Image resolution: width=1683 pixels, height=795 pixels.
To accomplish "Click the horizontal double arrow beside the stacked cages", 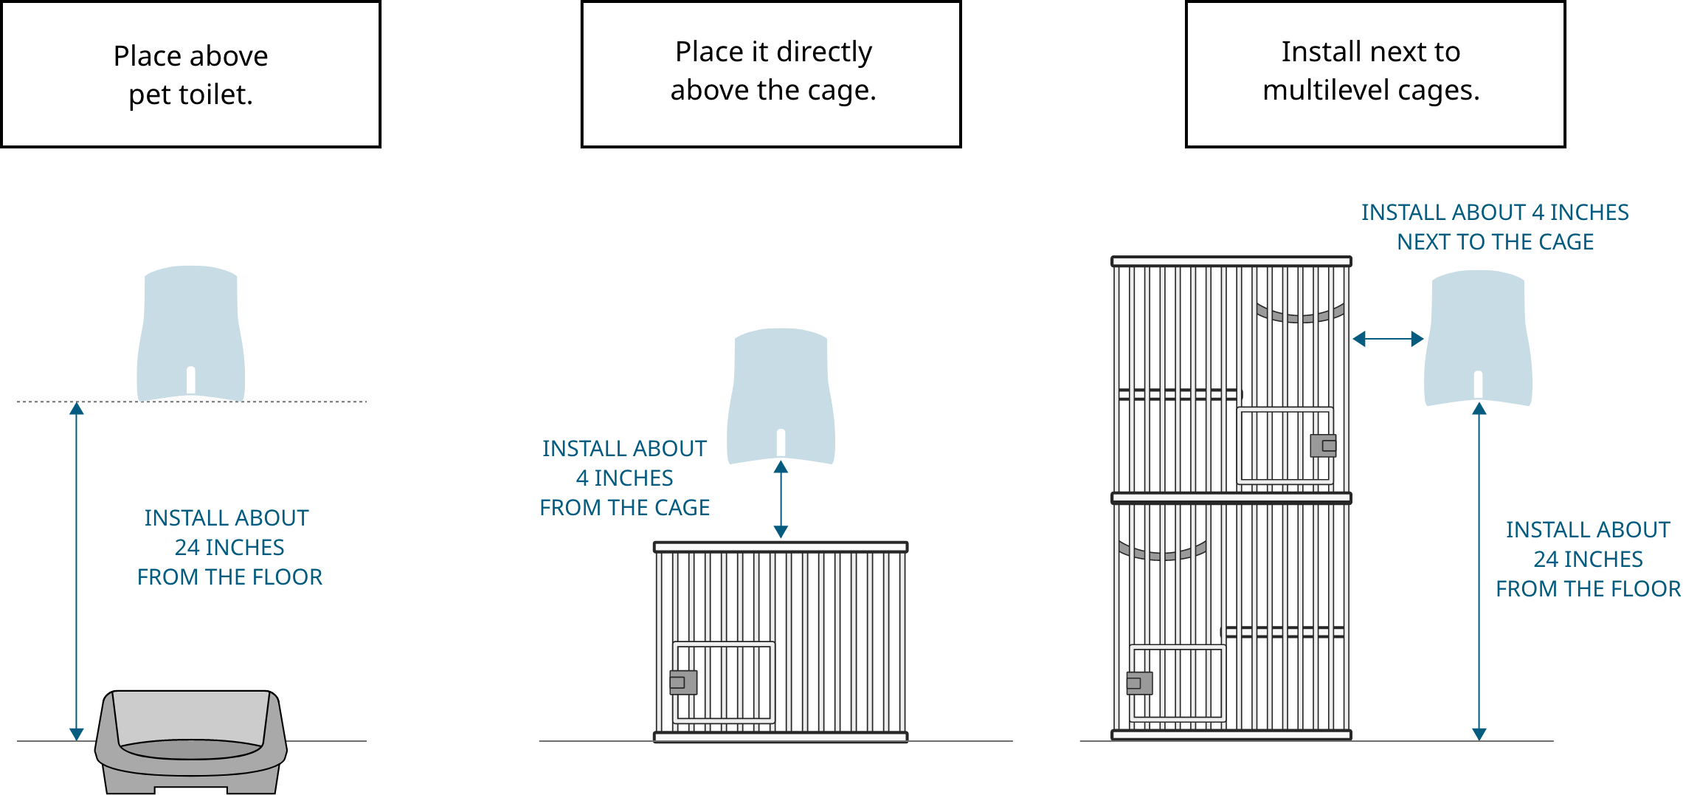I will [1388, 339].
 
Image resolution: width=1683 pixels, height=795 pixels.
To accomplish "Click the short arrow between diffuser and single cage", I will [781, 499].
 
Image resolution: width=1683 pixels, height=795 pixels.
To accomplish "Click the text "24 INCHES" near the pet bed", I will [229, 547].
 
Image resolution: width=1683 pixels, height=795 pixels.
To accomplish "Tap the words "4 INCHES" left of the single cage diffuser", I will [624, 478].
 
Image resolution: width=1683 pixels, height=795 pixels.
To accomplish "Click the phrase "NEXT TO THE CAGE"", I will [1495, 241].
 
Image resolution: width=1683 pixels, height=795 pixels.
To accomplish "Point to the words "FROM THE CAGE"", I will [624, 507].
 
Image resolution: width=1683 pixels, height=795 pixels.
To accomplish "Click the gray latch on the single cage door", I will [682, 682].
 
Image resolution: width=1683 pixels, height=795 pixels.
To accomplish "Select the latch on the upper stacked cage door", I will [1323, 446].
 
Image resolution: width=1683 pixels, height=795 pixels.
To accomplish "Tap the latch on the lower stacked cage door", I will [1139, 683].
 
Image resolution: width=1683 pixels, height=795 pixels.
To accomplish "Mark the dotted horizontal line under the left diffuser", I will [295, 402].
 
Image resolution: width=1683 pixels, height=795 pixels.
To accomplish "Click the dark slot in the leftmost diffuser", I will [190, 380].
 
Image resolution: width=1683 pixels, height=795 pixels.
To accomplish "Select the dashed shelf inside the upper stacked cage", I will [1178, 395].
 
